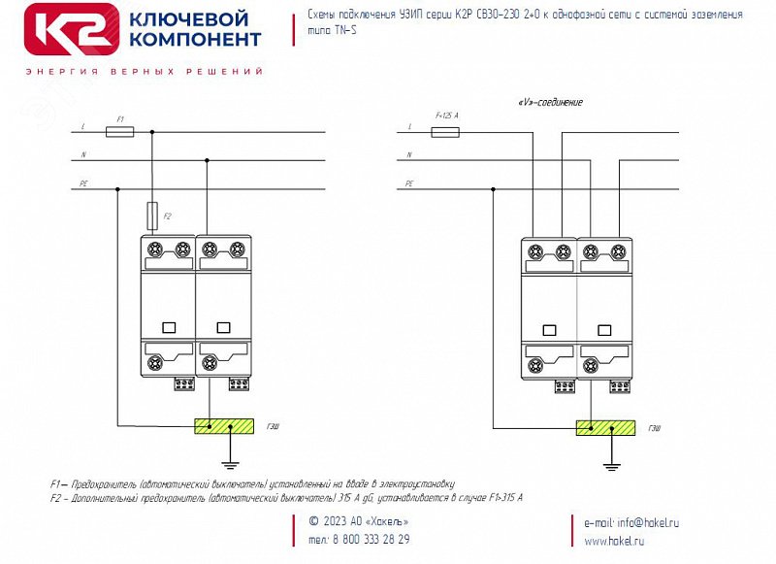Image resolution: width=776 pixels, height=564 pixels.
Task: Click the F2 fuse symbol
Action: click(152, 213)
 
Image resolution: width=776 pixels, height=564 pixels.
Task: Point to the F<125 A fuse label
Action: click(446, 116)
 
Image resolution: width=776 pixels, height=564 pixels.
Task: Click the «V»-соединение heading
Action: click(551, 103)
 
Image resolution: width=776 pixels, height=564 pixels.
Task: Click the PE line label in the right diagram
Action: click(409, 182)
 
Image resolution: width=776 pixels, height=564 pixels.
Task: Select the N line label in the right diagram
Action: click(409, 154)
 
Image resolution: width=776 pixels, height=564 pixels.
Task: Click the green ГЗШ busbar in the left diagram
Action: click(223, 425)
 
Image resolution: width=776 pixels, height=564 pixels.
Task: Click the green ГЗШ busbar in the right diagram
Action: click(605, 427)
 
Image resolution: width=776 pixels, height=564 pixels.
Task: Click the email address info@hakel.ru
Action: click(631, 522)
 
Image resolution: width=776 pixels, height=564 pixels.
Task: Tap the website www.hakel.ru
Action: click(614, 541)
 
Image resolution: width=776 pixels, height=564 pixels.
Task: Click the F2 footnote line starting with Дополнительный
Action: click(286, 497)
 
